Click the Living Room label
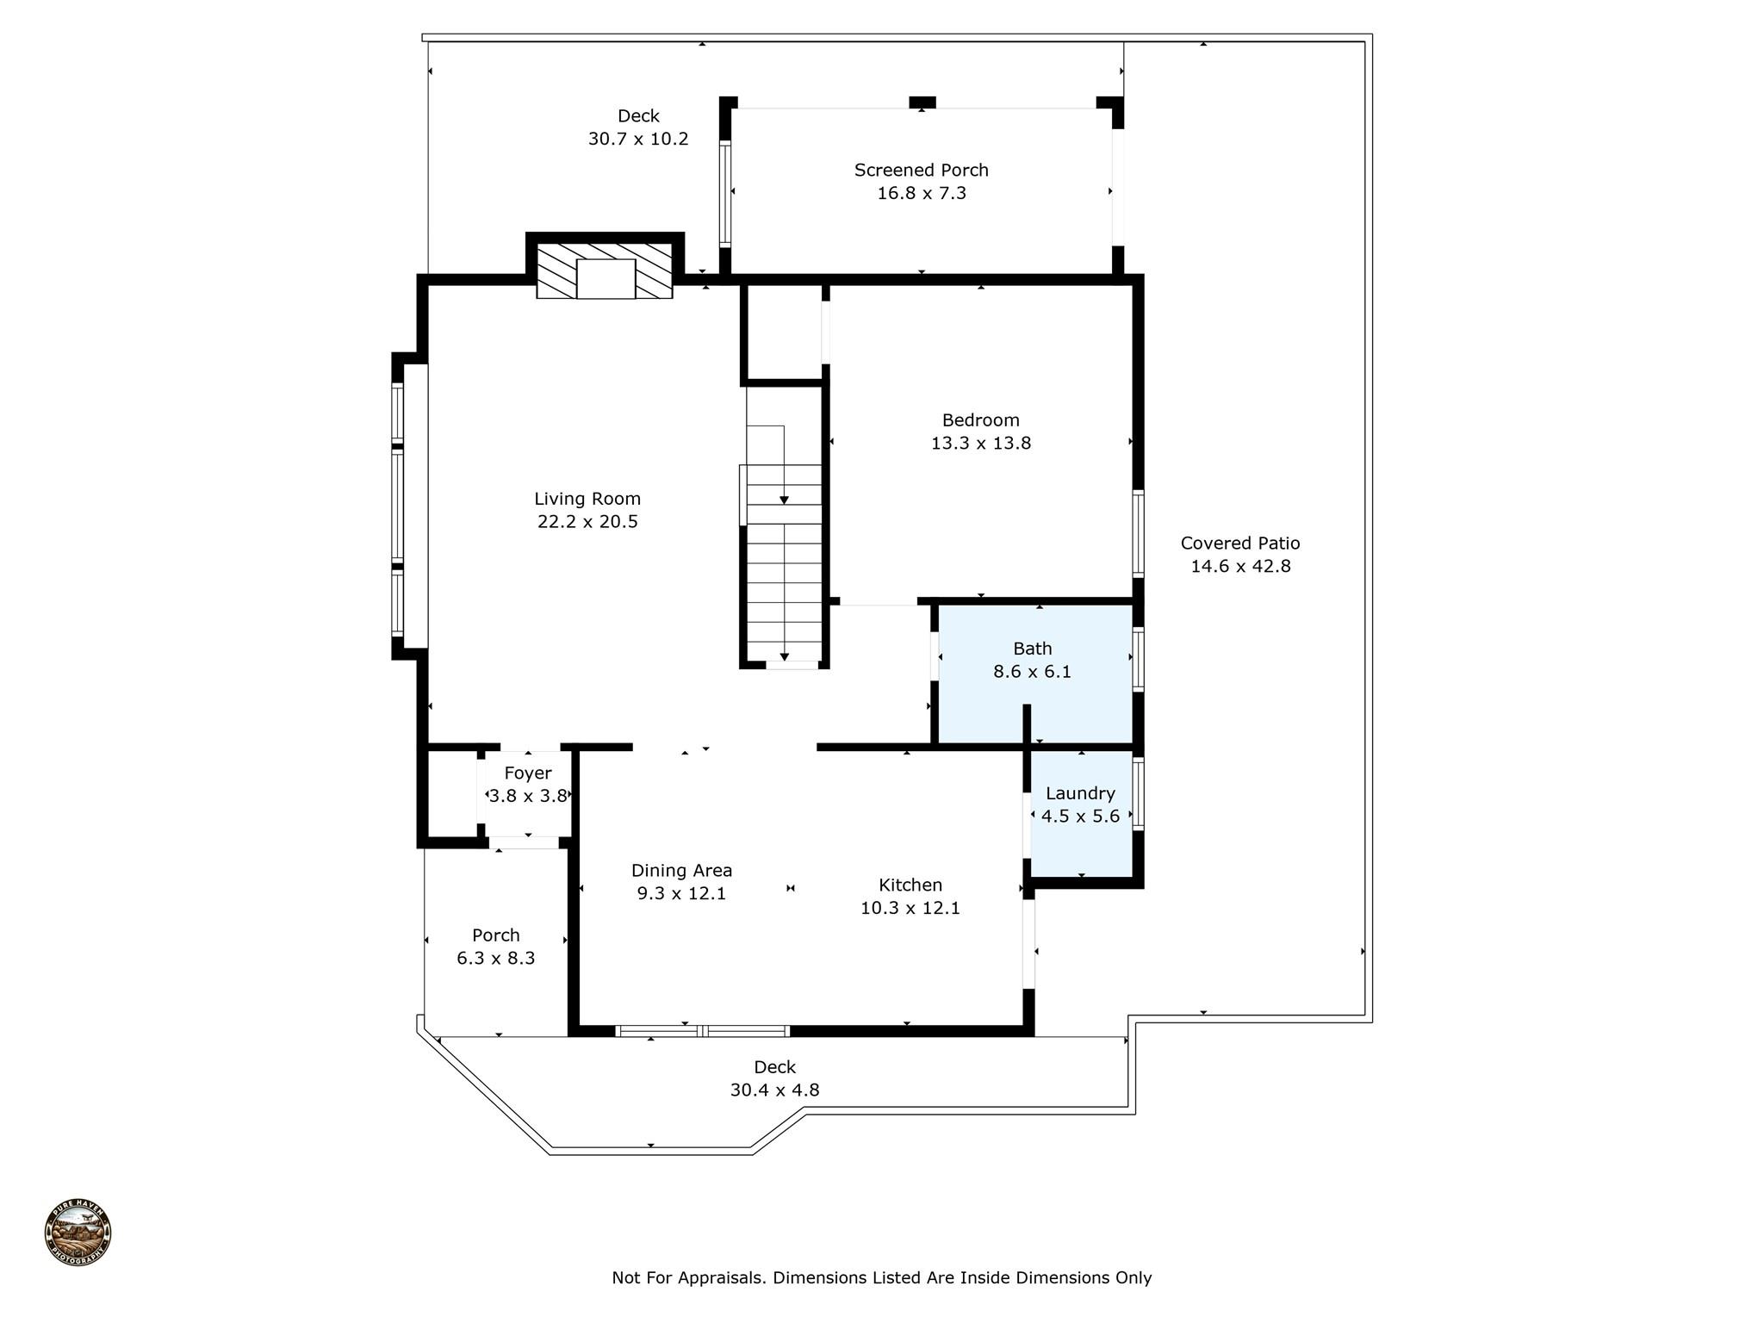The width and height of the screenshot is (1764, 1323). point(587,499)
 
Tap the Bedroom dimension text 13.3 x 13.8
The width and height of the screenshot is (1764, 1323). point(980,444)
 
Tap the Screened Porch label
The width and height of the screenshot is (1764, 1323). point(921,171)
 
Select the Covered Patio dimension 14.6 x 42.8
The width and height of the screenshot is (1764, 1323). point(1240,567)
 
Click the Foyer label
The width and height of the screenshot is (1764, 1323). point(527,773)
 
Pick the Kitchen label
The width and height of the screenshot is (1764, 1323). point(910,885)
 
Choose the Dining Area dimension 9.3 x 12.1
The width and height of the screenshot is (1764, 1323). point(681,894)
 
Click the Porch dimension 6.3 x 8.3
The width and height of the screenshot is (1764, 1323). point(495,959)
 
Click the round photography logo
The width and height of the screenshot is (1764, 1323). point(78,1233)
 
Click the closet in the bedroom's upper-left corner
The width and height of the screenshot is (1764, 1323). point(783,332)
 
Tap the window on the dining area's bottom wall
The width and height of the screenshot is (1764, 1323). point(702,1030)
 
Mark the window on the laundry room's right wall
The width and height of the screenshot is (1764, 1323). point(1138,793)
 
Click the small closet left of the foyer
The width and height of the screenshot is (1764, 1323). point(452,793)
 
